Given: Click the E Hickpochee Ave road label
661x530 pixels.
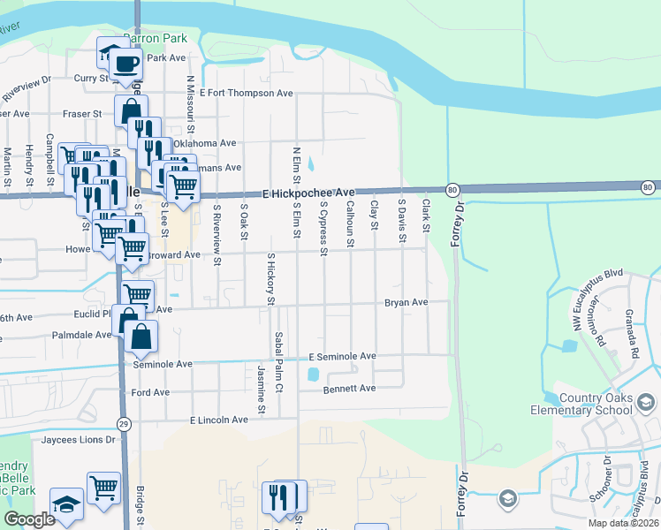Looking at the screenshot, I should pyautogui.click(x=308, y=192).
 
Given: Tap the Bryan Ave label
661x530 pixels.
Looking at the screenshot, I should pyautogui.click(x=406, y=302).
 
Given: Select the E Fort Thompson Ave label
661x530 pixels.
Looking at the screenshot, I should pyautogui.click(x=246, y=93).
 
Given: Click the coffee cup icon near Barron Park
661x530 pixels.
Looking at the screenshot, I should pyautogui.click(x=126, y=64).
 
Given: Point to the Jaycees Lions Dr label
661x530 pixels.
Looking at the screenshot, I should pyautogui.click(x=75, y=439).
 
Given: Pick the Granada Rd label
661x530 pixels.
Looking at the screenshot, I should pyautogui.click(x=631, y=333).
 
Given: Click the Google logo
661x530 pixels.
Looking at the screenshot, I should pyautogui.click(x=29, y=519).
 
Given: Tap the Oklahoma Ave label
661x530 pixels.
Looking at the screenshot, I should pyautogui.click(x=204, y=143).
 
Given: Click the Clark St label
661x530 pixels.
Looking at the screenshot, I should pyautogui.click(x=426, y=216).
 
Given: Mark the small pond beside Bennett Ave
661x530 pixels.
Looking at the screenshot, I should pyautogui.click(x=312, y=375).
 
